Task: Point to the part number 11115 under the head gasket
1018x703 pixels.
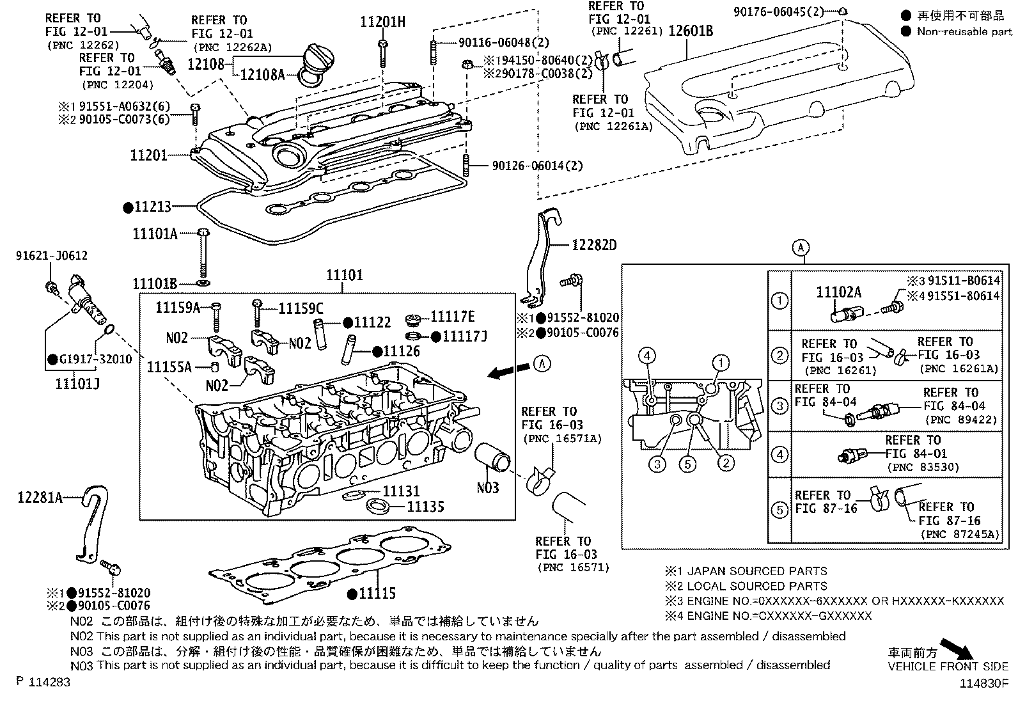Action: point(377,594)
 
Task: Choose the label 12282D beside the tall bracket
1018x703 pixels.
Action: point(594,245)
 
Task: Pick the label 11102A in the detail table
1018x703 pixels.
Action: point(838,292)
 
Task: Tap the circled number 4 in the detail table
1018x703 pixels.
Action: point(779,455)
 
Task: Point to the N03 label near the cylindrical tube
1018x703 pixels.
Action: point(488,488)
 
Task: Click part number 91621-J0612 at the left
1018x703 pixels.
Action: point(52,256)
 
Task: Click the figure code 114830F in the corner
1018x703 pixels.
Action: point(983,683)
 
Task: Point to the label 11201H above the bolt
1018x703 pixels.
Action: point(382,22)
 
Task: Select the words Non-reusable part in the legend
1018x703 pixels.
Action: point(964,31)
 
